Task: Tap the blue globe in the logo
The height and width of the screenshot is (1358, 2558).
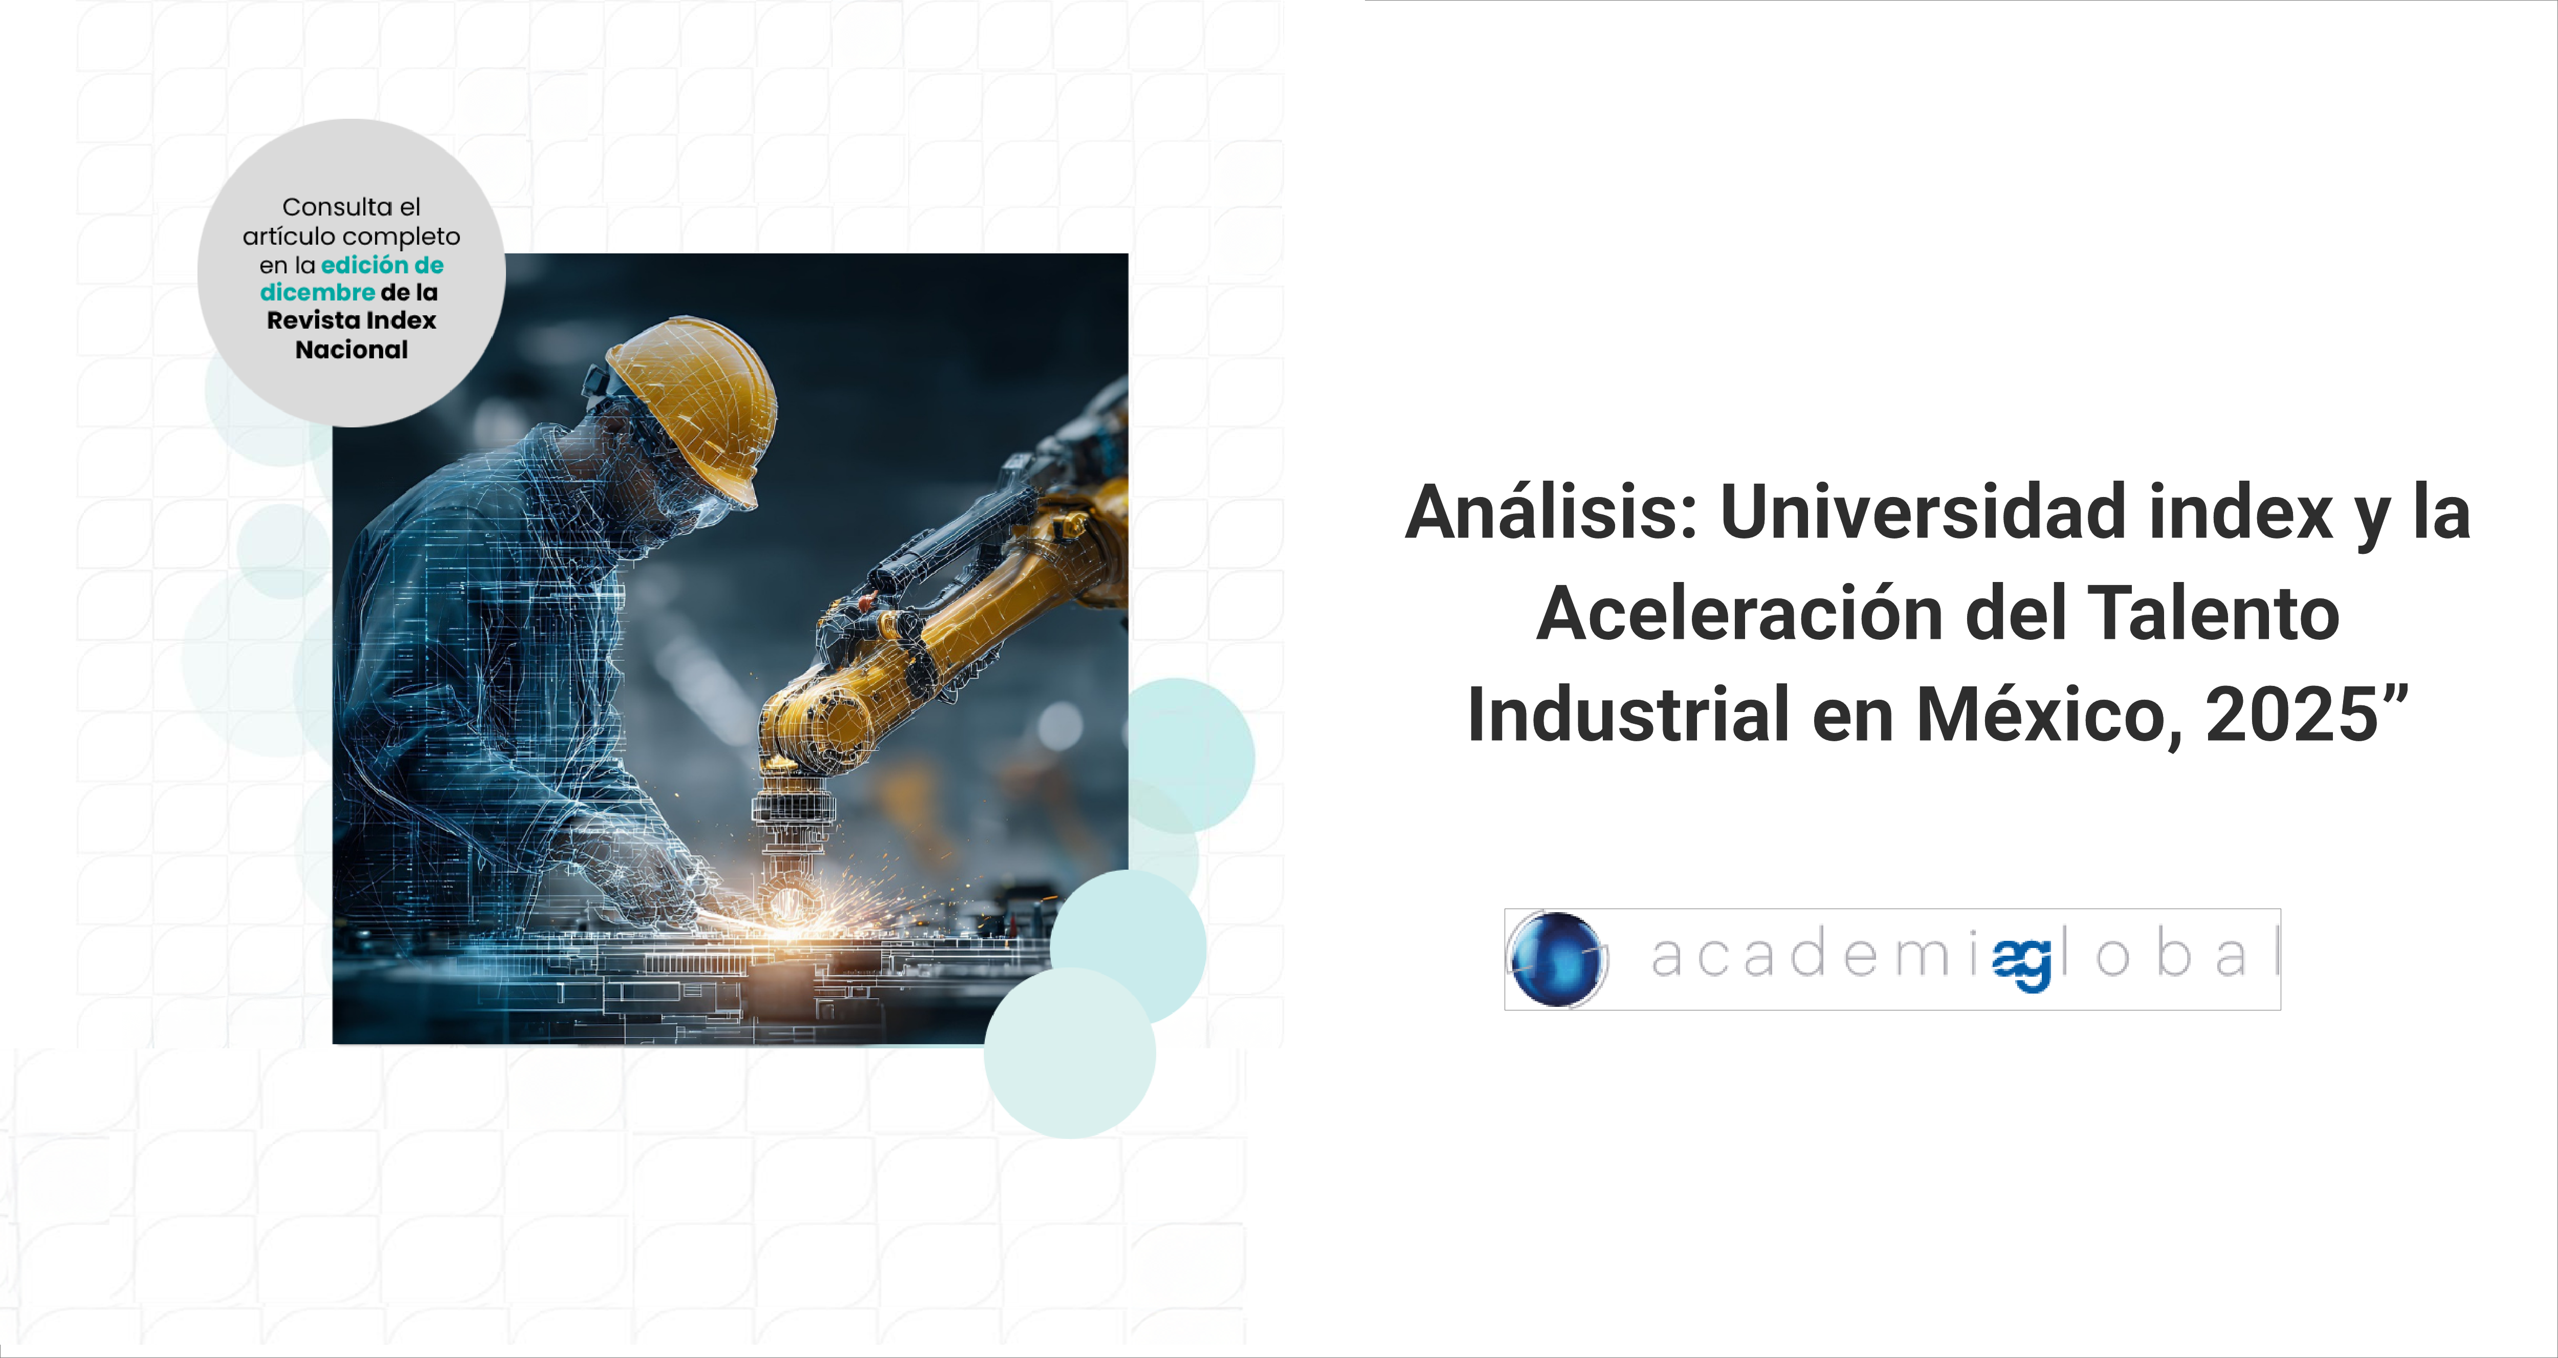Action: (1556, 959)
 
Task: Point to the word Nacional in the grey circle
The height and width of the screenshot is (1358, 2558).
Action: (351, 350)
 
